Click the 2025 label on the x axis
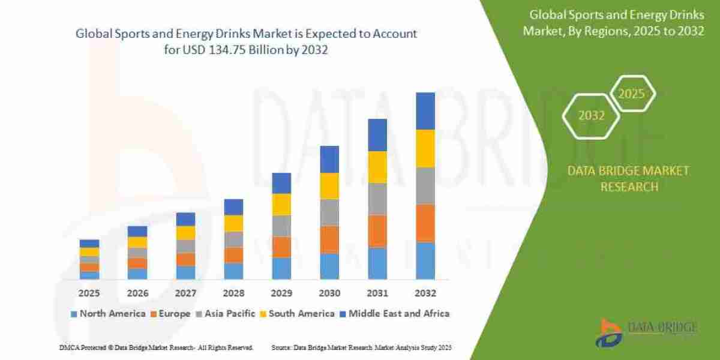coord(89,294)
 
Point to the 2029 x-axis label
coord(281,294)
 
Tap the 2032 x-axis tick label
coord(425,294)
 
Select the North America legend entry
coord(108,314)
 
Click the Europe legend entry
coord(171,314)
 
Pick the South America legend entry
coord(297,314)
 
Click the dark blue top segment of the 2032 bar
coord(425,111)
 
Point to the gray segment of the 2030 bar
coord(329,212)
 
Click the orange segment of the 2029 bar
coord(281,247)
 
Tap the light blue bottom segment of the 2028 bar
coord(233,271)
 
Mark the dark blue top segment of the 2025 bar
coord(89,243)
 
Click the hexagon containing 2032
coord(591,116)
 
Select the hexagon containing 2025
coord(631,94)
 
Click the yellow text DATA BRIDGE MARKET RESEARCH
coord(628,179)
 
